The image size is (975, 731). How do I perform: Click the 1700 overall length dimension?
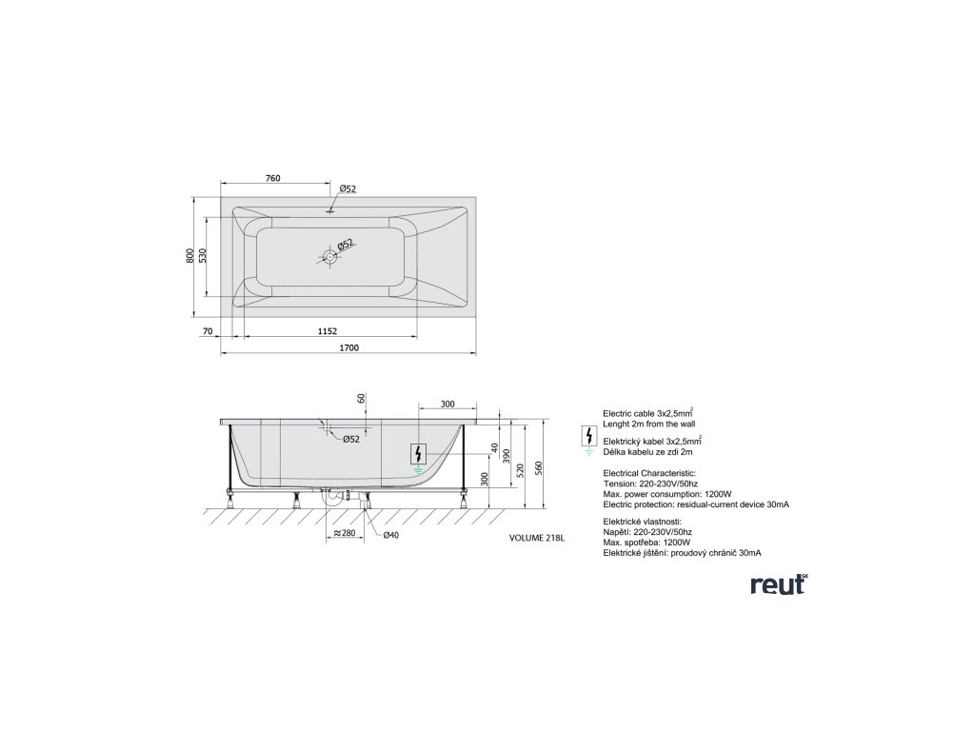point(348,347)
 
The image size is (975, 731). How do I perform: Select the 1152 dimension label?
point(328,330)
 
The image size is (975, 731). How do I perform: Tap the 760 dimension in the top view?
point(272,178)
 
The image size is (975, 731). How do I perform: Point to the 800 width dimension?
point(190,254)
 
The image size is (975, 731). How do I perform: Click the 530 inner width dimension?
point(205,254)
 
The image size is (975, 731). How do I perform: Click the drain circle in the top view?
point(329,255)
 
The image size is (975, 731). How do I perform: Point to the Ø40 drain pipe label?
point(390,535)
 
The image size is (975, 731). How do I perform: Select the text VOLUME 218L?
point(539,538)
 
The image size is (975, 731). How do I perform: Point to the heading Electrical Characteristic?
point(650,473)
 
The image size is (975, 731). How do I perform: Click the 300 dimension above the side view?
point(448,405)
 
